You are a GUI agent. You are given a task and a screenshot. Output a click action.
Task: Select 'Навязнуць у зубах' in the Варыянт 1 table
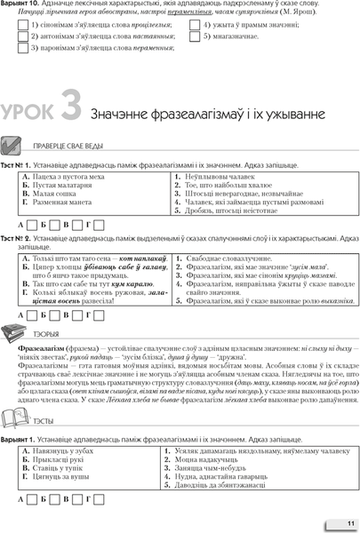tap(56, 451)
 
